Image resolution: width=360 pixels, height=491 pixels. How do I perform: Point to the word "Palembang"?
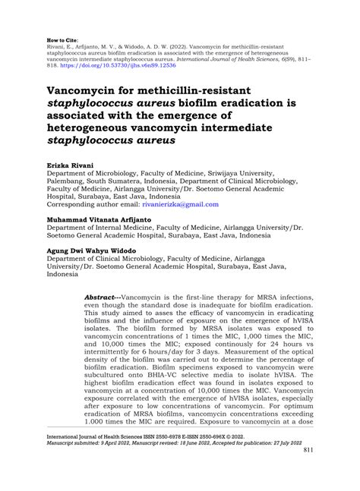coord(72,184)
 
